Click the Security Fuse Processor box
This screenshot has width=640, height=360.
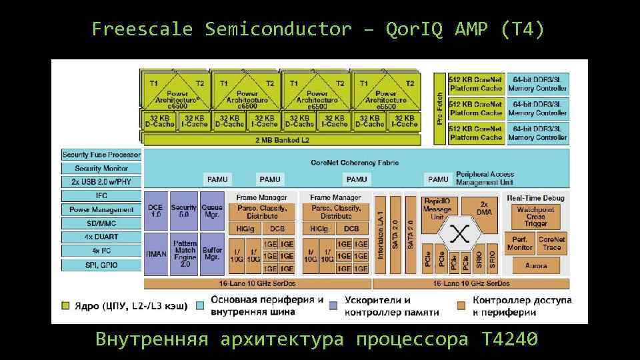101,155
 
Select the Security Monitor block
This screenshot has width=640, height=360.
101,169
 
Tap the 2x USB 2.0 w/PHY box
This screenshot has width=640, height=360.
101,182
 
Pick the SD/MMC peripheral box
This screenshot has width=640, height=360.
101,223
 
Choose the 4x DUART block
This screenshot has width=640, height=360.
101,237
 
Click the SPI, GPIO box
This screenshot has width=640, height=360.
101,265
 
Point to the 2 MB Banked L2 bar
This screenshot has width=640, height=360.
282,141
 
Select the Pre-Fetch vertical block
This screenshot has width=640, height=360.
439,108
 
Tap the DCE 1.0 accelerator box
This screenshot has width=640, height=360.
155,211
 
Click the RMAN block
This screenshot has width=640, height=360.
155,254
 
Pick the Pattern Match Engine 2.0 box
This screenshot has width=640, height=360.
185,254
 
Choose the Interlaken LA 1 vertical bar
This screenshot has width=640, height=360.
380,235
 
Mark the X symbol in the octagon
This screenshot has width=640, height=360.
459,234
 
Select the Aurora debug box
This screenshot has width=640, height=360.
535,266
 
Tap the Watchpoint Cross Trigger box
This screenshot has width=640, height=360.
535,217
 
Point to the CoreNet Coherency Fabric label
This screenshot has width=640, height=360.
355,163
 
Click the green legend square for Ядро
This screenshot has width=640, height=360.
65,305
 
